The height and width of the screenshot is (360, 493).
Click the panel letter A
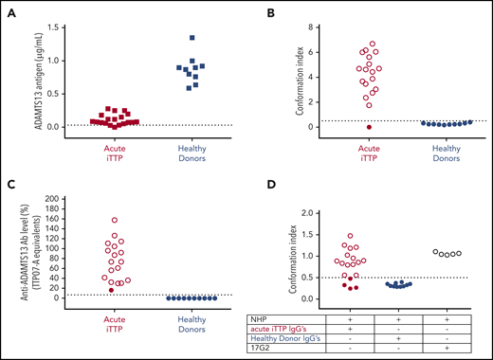[x=17, y=13]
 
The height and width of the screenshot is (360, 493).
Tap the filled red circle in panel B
[x=342, y=126]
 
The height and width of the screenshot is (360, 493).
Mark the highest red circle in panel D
[x=350, y=236]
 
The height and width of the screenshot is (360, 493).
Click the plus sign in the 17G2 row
[x=447, y=349]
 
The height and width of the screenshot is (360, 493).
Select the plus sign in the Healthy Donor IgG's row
[x=398, y=339]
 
